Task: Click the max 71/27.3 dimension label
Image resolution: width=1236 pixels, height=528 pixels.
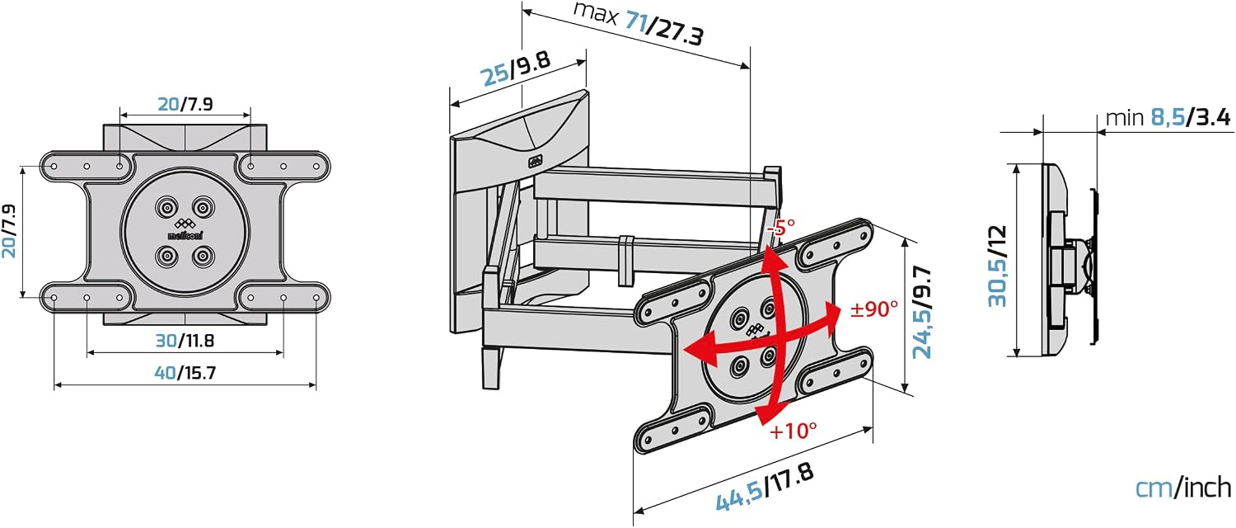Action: (x=639, y=24)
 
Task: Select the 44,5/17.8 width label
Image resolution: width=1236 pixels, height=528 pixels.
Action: (x=765, y=488)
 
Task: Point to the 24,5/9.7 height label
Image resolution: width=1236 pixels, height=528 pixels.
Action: (x=921, y=312)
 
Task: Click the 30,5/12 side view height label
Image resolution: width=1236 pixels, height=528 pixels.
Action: (x=998, y=266)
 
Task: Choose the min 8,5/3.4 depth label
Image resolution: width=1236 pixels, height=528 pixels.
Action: (x=1168, y=118)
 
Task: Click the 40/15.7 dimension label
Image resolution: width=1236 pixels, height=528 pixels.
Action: (x=185, y=373)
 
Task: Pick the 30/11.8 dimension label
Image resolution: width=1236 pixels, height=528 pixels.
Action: (x=185, y=340)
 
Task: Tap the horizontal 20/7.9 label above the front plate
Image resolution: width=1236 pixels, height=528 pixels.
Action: (x=185, y=104)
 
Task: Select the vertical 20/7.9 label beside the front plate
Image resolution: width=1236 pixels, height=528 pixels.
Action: (x=9, y=231)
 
